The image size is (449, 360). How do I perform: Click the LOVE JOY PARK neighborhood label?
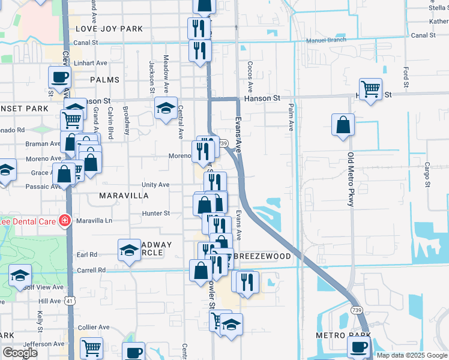pos(109,29)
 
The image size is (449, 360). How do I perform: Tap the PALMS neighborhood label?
pos(104,80)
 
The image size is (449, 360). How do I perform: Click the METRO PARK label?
pos(344,335)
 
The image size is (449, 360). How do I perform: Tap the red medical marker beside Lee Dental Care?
pos(64,221)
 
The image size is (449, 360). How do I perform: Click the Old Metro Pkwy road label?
pos(351,180)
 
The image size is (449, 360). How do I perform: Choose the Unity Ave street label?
pos(155,185)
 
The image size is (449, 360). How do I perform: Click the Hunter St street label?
pos(156,213)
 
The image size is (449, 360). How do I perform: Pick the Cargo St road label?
pos(427,175)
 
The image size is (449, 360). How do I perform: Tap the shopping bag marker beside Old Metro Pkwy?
pos(343,125)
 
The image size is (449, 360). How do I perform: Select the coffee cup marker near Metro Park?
pos(359,347)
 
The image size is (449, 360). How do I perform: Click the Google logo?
pos(20,353)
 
